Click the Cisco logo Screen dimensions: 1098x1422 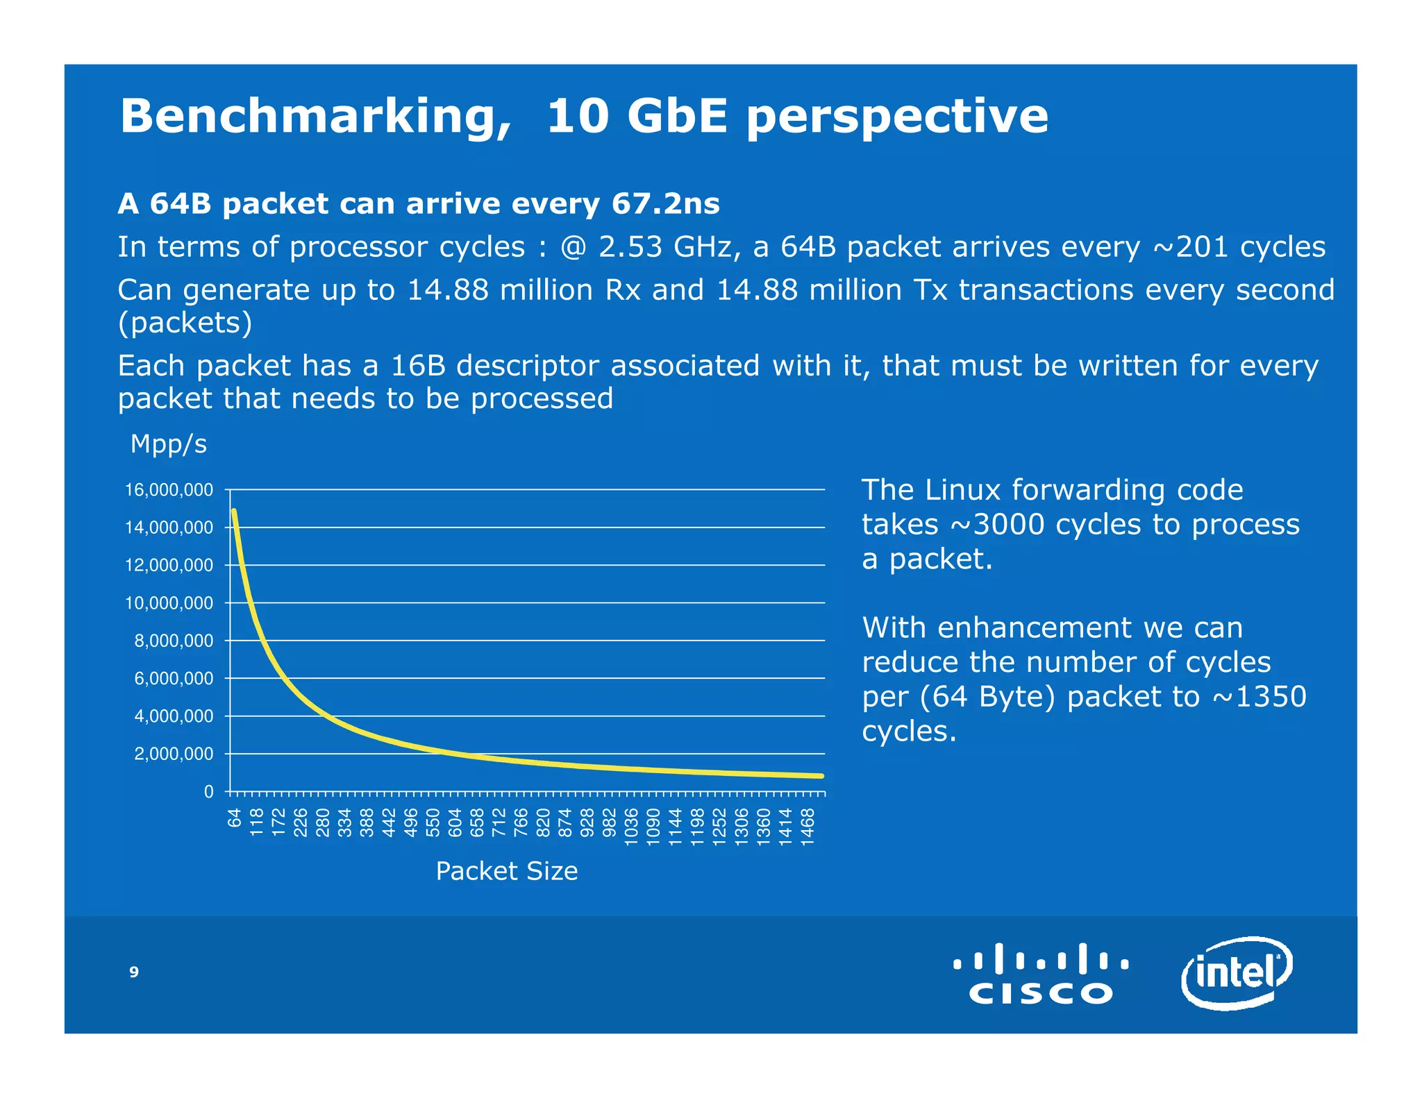pos(1040,973)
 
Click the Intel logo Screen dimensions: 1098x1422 pos(1236,972)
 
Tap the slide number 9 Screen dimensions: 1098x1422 pos(134,972)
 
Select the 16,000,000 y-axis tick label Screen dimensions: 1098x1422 pos(169,490)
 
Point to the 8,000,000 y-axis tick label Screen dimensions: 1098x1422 pos(174,641)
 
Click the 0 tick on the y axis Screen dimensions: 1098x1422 pos(208,791)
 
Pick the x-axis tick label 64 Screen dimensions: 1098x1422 pos(235,819)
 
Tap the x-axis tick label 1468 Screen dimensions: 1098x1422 pos(808,826)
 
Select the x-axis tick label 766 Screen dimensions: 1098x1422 pos(521,823)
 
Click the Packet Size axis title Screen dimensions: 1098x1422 pos(506,871)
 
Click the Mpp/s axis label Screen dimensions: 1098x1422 pos(169,444)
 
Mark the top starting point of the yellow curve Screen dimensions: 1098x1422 pos(234,512)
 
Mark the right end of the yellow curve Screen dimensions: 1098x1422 pos(821,776)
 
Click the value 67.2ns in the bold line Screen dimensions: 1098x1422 pos(665,203)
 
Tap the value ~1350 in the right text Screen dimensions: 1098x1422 pos(1260,696)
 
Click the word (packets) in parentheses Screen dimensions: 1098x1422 pos(185,323)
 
